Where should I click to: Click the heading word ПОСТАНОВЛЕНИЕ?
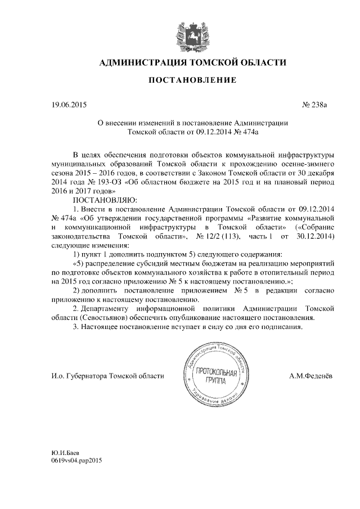[x=192, y=81]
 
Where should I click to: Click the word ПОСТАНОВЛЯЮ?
[x=101, y=199]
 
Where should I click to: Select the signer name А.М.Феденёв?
[x=309, y=376]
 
